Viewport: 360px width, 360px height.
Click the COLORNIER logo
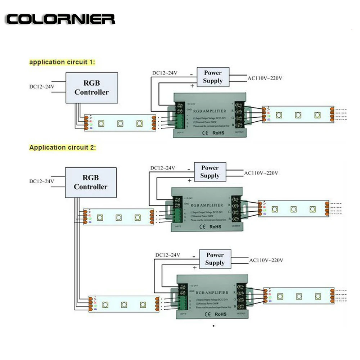tap(60, 19)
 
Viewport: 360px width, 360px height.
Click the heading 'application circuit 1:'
tap(62, 62)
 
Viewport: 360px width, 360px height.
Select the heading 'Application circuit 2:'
tap(63, 147)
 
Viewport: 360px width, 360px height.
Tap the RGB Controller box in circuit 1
tap(91, 88)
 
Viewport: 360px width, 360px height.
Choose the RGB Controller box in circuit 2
tap(91, 182)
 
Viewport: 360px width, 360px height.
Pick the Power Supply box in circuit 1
tap(212, 77)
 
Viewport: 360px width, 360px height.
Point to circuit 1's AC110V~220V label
tap(265, 78)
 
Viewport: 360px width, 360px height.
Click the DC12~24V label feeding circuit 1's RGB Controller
tap(42, 87)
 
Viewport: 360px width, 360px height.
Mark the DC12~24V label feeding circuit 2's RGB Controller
tap(41, 181)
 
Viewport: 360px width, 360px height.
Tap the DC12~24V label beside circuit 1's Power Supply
tap(165, 73)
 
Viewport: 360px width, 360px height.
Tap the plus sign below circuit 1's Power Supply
tap(192, 86)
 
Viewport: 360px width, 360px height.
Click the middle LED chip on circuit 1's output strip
tap(298, 115)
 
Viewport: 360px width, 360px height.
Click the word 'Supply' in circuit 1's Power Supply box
tap(212, 81)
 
